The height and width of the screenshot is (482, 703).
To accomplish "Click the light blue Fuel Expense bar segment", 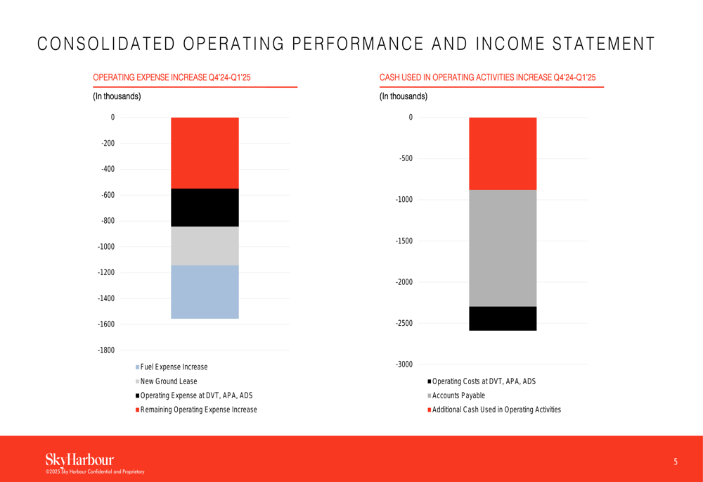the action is [205, 292].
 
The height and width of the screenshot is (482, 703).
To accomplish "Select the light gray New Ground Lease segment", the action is [205, 246].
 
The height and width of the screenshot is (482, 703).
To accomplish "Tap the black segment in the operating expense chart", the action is [205, 208].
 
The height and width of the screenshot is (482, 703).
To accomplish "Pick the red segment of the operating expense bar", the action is [205, 153].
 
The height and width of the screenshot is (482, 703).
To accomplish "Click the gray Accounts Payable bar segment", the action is [503, 248].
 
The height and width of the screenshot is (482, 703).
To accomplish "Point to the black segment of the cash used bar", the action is [503, 319].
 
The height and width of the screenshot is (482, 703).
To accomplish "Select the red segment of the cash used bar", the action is [503, 153].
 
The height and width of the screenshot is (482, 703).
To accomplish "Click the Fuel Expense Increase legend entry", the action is [172, 367].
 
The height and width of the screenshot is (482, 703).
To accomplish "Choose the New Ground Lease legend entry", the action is [167, 381].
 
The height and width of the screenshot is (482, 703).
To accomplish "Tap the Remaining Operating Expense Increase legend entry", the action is [196, 410].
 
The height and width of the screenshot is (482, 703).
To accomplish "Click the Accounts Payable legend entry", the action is [456, 395].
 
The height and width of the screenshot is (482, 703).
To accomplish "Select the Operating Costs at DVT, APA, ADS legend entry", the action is [482, 381].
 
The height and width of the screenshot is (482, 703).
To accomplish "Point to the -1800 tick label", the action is [106, 350].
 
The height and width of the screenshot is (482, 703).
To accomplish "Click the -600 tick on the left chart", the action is [108, 195].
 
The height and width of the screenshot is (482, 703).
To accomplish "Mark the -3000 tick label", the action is [404, 364].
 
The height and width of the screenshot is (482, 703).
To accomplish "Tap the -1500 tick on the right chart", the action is [404, 241].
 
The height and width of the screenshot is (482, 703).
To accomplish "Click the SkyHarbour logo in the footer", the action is [80, 459].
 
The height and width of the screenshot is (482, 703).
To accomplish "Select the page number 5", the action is [676, 462].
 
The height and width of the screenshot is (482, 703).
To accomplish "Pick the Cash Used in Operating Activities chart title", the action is [487, 77].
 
